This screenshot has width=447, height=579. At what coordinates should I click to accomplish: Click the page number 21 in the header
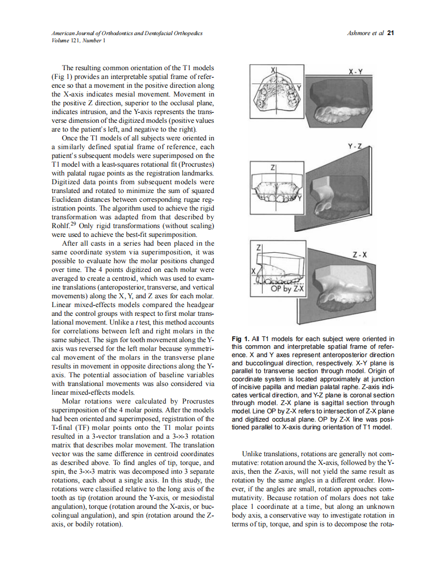tap(390, 33)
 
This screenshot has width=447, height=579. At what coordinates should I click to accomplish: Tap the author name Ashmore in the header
tap(361, 33)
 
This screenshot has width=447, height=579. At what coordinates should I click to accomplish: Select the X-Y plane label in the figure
tap(356, 73)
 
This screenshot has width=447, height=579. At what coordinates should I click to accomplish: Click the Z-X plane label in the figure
tap(359, 254)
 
